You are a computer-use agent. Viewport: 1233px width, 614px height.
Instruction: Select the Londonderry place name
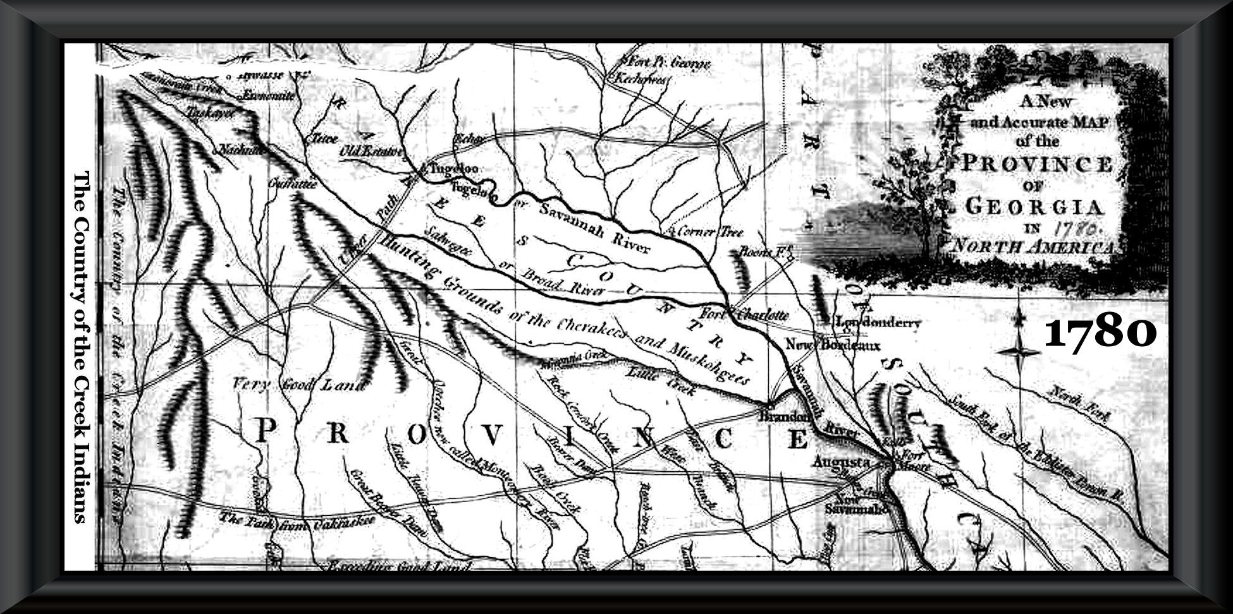878,323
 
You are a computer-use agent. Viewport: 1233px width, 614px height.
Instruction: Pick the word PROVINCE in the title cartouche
1037,166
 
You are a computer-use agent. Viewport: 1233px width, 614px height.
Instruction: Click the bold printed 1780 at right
1100,333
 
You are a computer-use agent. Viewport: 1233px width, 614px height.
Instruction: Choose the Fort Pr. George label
667,64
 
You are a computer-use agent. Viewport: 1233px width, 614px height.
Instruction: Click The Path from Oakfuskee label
297,521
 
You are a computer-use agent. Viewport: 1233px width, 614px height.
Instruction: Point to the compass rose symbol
1020,352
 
